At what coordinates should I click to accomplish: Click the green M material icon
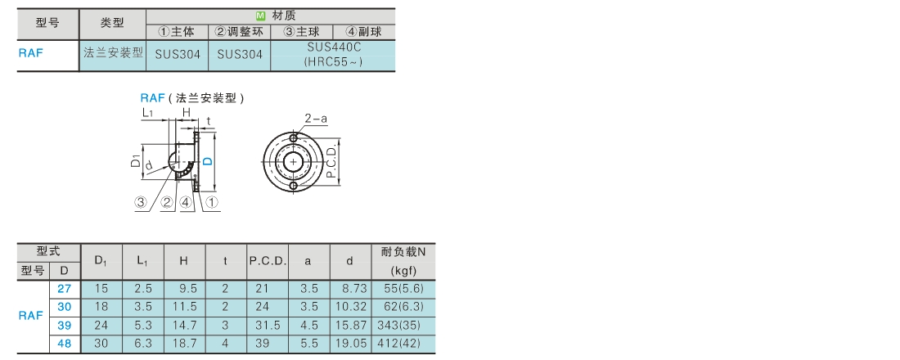pos(260,16)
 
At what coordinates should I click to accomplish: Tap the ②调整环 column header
pos(240,32)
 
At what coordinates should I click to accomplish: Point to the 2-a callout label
pos(316,119)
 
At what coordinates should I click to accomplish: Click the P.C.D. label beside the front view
pos(331,162)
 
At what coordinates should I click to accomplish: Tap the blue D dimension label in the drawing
pos(209,160)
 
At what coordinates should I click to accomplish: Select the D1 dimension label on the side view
pos(136,161)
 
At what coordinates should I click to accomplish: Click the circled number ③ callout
pos(142,201)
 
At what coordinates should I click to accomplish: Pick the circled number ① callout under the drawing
pos(212,201)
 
